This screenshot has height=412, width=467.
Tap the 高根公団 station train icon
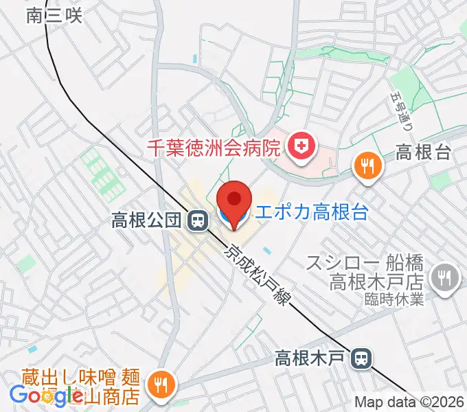198,221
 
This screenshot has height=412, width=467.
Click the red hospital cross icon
299,145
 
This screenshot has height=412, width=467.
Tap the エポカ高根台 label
311,212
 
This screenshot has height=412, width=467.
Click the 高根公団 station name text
146,221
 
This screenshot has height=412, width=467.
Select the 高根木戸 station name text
310,358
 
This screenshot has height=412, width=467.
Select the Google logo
47,396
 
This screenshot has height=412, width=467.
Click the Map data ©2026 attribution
409,402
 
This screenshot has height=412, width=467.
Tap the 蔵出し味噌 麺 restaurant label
75,378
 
